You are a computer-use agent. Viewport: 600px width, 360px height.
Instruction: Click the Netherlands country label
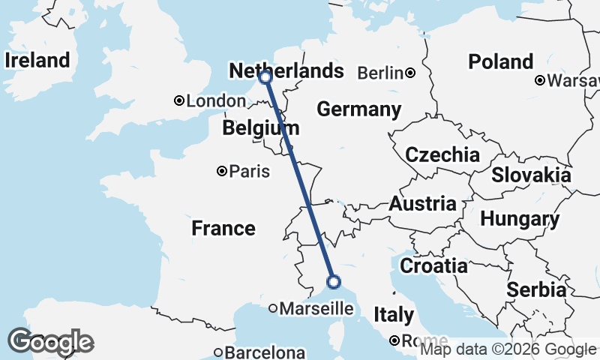[x=286, y=71]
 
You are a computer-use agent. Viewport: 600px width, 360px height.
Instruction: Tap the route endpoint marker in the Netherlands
[x=265, y=76]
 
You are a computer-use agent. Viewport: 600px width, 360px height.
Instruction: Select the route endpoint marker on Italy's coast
[x=334, y=282]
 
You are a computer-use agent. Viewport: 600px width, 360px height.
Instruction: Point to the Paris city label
[x=249, y=172]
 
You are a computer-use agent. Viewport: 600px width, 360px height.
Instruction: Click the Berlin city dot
[x=410, y=73]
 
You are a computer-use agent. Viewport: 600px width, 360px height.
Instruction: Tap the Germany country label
[x=358, y=109]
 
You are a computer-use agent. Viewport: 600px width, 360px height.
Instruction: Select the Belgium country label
[x=260, y=129]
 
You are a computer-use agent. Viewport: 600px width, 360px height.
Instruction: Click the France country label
[x=223, y=228]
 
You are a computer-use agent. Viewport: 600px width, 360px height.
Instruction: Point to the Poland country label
[x=500, y=61]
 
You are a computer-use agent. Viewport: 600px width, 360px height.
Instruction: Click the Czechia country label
[x=442, y=155]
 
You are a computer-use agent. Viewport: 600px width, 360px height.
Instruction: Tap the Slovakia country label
[x=531, y=175]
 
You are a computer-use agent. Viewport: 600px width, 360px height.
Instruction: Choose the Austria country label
[x=421, y=204]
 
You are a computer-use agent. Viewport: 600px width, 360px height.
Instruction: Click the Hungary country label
[x=519, y=220]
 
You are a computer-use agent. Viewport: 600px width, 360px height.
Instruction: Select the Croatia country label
[x=433, y=265]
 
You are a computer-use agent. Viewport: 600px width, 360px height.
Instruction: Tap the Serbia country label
[x=535, y=289]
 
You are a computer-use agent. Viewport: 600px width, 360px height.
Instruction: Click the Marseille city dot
[x=273, y=307]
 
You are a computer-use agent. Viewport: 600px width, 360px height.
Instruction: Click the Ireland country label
[x=37, y=60]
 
